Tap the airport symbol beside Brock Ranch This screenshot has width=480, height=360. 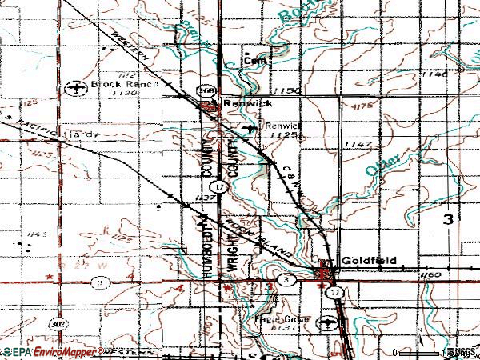pyautogui.click(x=77, y=86)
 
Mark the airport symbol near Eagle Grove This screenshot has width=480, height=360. pyautogui.click(x=326, y=322)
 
